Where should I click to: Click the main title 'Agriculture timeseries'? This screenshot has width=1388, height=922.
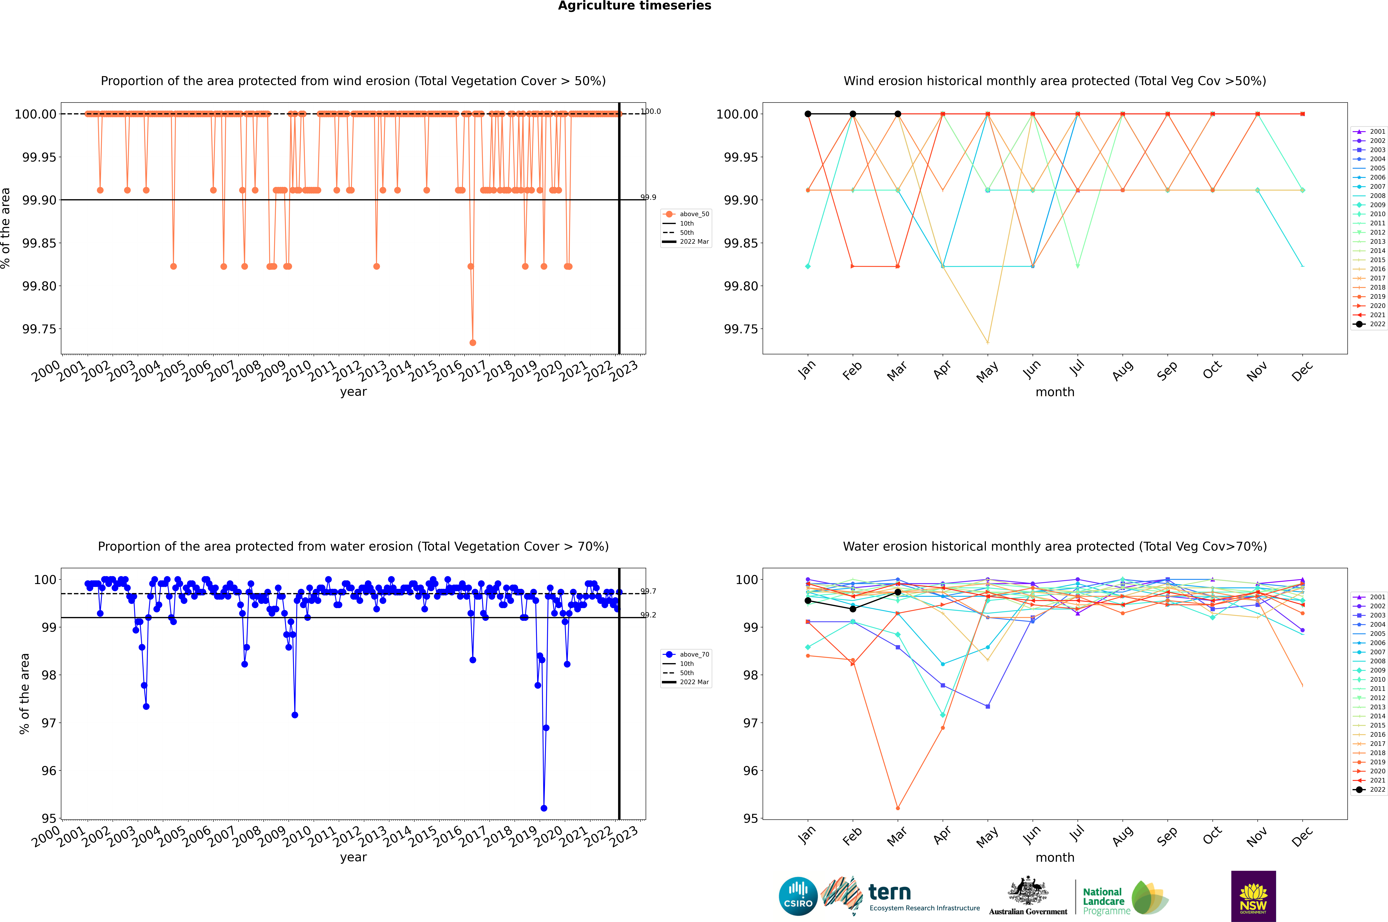click(x=634, y=6)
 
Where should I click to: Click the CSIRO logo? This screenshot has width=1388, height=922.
click(x=798, y=896)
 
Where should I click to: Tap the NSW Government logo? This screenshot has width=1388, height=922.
click(x=1253, y=896)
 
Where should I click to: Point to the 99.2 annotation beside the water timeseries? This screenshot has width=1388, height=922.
click(x=648, y=615)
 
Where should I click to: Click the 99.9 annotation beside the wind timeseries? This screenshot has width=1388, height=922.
click(x=648, y=198)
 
